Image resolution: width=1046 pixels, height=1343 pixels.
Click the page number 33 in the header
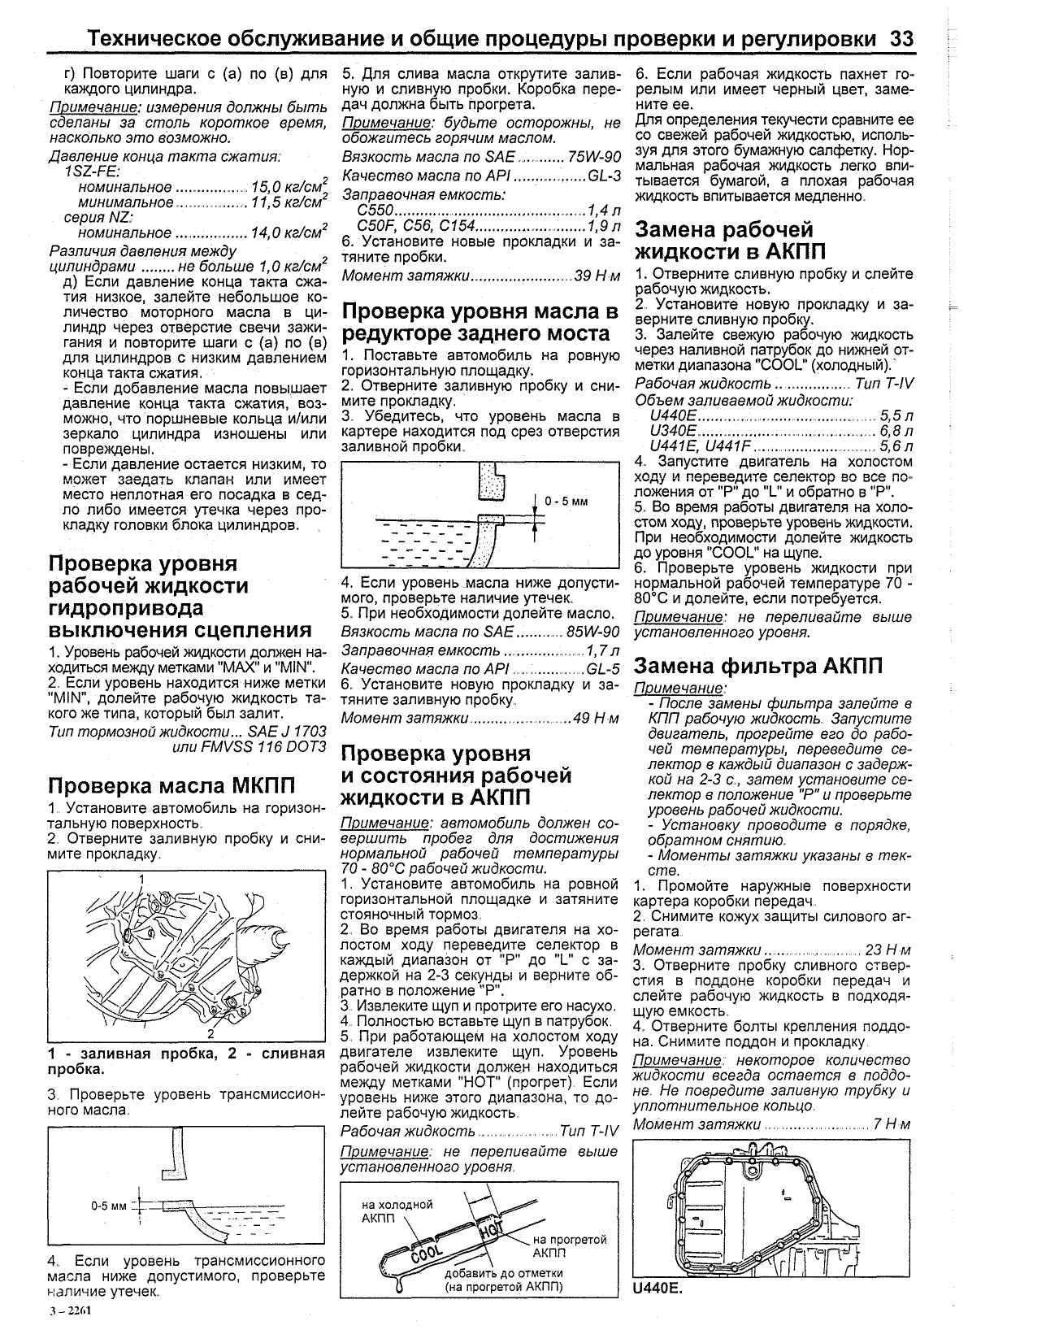[x=902, y=39]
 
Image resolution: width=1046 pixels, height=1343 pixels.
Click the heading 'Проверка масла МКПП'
[x=171, y=786]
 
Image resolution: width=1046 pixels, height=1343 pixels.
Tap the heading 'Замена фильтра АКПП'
[x=757, y=666]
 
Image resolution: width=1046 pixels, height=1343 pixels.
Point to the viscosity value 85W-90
[x=592, y=631]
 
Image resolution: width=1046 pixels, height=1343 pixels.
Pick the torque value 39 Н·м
[x=597, y=276]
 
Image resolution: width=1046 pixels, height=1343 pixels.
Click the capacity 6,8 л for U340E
[x=896, y=431]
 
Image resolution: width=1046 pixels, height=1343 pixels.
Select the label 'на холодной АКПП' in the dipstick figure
[x=397, y=1212]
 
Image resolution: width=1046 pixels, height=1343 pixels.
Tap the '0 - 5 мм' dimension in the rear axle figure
[x=566, y=502]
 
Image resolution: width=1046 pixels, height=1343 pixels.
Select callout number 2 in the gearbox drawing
[x=210, y=1034]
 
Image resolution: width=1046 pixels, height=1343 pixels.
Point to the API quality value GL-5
[x=601, y=668]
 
